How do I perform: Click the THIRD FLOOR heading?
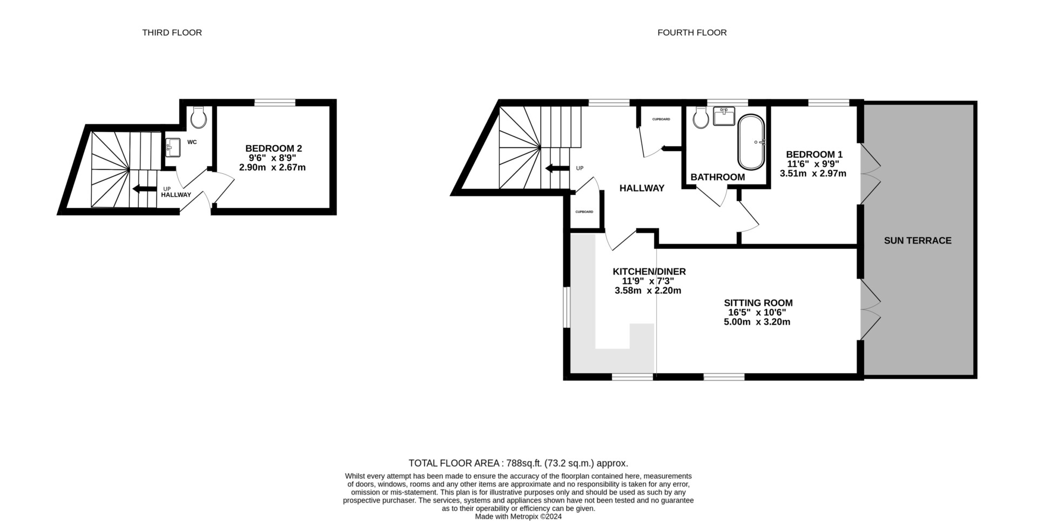point(172,32)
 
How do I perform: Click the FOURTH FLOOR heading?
point(692,32)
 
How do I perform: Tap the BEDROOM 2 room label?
point(273,148)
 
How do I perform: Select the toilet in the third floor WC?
point(199,117)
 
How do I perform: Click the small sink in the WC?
point(173,146)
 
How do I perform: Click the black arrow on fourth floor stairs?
point(557,168)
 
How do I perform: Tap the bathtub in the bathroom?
point(751,142)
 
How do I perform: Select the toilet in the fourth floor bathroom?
point(702,117)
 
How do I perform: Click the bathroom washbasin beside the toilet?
point(724,116)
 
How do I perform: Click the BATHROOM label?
point(717,177)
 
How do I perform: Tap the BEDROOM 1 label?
point(814,154)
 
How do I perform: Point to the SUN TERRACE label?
point(918,241)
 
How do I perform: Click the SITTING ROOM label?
point(758,303)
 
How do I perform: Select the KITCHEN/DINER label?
point(649,272)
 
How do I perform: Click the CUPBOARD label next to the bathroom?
point(661,119)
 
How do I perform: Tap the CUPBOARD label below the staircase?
point(584,212)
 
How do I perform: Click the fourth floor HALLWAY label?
point(642,188)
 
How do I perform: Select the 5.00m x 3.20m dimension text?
point(757,322)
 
